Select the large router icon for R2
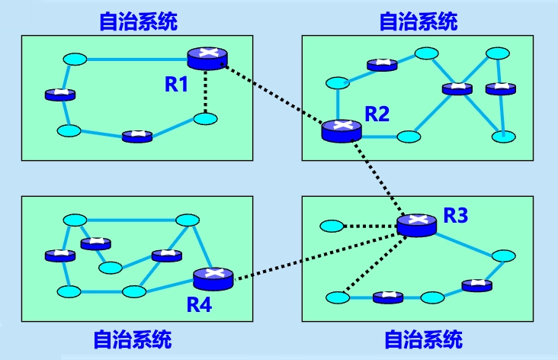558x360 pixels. coord(340,130)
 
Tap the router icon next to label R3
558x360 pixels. coord(416,224)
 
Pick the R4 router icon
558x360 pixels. coord(213,278)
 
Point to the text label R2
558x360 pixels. coord(377,114)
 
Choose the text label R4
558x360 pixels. coord(200,305)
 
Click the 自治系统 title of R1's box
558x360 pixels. coord(138,21)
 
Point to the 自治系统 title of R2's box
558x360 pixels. coord(418,21)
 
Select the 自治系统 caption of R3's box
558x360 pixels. coord(423,339)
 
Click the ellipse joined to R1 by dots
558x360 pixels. coord(206,119)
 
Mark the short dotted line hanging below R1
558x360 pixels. coord(207,92)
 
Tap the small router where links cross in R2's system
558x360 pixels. coord(457,88)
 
